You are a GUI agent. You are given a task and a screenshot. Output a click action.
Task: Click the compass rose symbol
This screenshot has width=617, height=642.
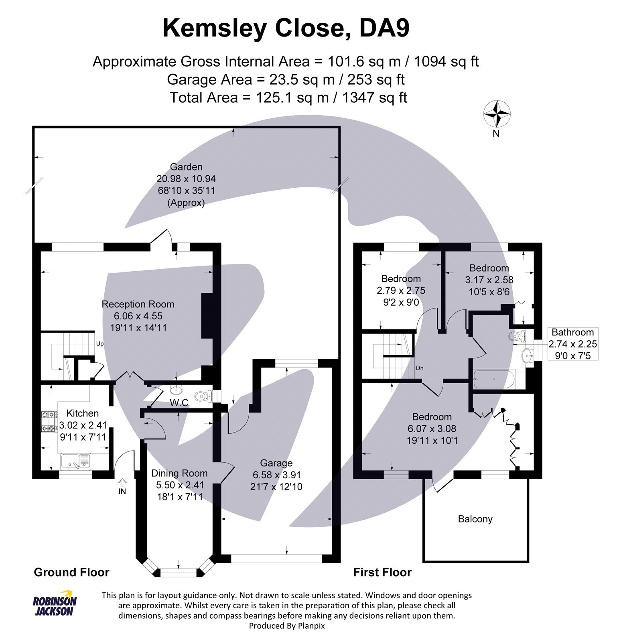point(497,114)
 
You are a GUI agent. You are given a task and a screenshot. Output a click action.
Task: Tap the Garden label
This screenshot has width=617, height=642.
point(186,167)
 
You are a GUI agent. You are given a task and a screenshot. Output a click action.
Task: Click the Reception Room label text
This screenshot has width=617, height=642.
point(138,304)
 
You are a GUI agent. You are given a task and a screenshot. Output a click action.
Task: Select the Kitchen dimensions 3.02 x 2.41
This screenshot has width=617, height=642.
point(83,425)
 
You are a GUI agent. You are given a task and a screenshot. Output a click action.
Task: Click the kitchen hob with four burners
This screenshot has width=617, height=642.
point(49,422)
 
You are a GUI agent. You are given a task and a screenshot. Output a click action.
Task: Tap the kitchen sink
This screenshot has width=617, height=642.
point(75,461)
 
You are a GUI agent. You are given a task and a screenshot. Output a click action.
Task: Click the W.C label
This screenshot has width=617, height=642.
point(179,402)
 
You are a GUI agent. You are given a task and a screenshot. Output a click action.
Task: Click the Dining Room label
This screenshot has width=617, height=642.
point(179,473)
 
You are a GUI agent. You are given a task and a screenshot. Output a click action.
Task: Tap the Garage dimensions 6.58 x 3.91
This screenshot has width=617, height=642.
point(277,475)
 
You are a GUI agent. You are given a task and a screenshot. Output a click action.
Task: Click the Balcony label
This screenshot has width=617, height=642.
point(475,519)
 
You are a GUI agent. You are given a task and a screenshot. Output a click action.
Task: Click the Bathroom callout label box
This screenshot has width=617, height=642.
point(572,343)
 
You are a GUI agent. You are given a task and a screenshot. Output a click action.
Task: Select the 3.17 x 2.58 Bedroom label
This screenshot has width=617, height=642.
point(489,280)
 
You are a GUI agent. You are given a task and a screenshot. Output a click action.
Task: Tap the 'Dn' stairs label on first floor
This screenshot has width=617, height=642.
point(420,368)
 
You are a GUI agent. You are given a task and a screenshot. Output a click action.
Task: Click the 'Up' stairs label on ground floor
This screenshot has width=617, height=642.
point(99,344)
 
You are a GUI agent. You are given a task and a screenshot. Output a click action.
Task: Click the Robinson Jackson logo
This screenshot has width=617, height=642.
point(55,603)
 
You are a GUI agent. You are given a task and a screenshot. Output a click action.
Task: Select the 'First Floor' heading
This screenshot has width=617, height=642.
point(382,572)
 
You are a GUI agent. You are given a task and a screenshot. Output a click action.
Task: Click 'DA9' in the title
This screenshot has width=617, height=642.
point(384,29)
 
